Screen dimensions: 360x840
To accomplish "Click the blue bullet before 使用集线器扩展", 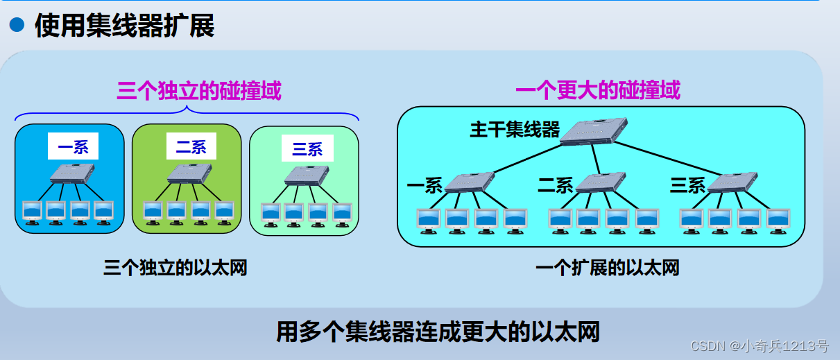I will click(x=16, y=27).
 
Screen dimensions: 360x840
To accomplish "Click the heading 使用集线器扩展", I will click(x=124, y=27).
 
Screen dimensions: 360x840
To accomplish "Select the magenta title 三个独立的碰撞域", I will click(x=199, y=90).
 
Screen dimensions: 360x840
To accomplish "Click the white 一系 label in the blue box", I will click(x=73, y=146).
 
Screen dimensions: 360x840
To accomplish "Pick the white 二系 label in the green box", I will click(x=191, y=146).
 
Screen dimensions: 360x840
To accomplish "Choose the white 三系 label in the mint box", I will click(x=307, y=148).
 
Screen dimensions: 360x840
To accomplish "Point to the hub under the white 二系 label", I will click(x=189, y=173).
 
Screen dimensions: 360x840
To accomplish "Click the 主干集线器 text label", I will click(x=514, y=130).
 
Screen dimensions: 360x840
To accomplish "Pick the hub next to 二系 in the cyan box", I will click(x=601, y=182).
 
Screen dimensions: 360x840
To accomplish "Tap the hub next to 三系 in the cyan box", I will click(x=732, y=182).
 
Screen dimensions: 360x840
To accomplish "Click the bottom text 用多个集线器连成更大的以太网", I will click(x=438, y=332).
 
